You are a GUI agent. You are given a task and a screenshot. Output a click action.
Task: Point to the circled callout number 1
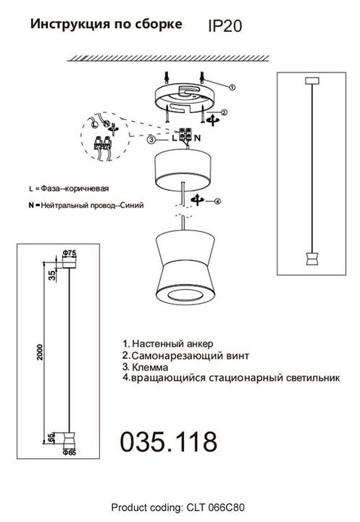tap(232, 86)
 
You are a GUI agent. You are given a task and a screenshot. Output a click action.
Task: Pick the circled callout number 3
tap(151, 138)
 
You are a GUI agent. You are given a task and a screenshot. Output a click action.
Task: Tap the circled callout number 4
tap(217, 200)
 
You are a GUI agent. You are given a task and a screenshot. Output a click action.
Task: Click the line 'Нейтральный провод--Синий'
tap(85, 205)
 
